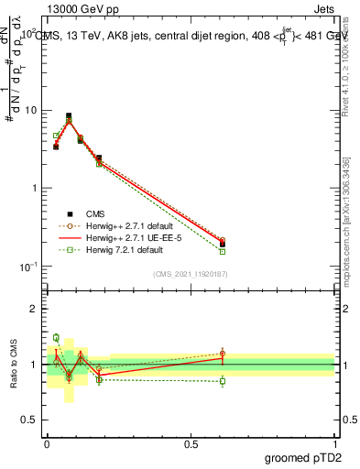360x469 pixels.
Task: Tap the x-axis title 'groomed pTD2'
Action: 300,455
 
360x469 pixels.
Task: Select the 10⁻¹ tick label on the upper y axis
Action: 28,266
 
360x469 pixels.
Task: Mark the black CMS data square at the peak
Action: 69,116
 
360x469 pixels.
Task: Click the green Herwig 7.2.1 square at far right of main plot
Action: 223,251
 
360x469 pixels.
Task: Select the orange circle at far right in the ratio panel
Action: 223,354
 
